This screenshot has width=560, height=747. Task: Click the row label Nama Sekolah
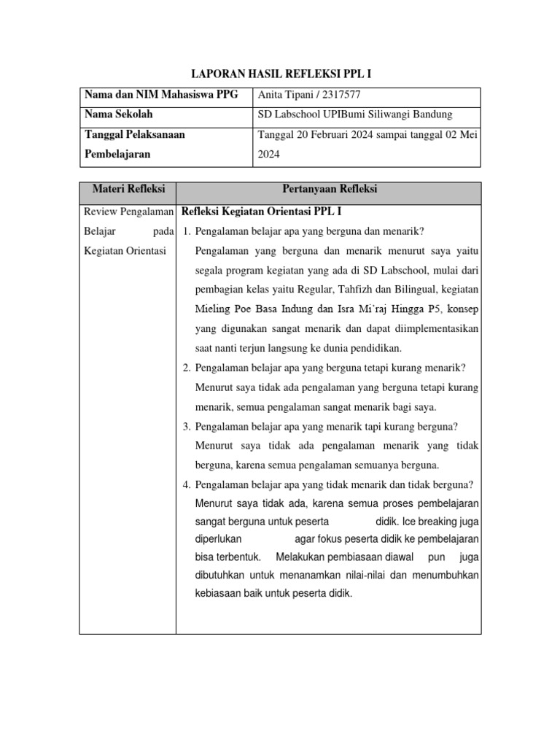pos(119,115)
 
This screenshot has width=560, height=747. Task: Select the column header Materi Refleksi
pos(128,189)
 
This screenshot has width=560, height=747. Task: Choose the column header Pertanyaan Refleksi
pos(329,189)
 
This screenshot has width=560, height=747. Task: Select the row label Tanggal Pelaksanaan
pos(135,134)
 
